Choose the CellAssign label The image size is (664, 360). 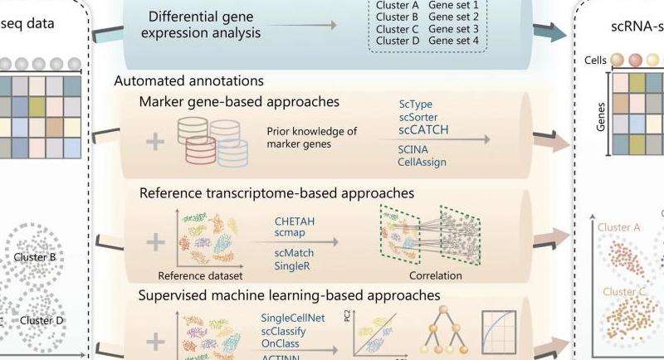point(422,162)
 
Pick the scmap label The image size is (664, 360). point(291,234)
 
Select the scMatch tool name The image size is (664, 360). point(296,252)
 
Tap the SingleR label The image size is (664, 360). point(295,265)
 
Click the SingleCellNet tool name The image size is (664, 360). point(296,318)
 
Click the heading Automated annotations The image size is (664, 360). point(188,81)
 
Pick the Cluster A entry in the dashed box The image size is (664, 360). point(398,5)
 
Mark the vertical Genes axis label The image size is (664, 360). point(600,113)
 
